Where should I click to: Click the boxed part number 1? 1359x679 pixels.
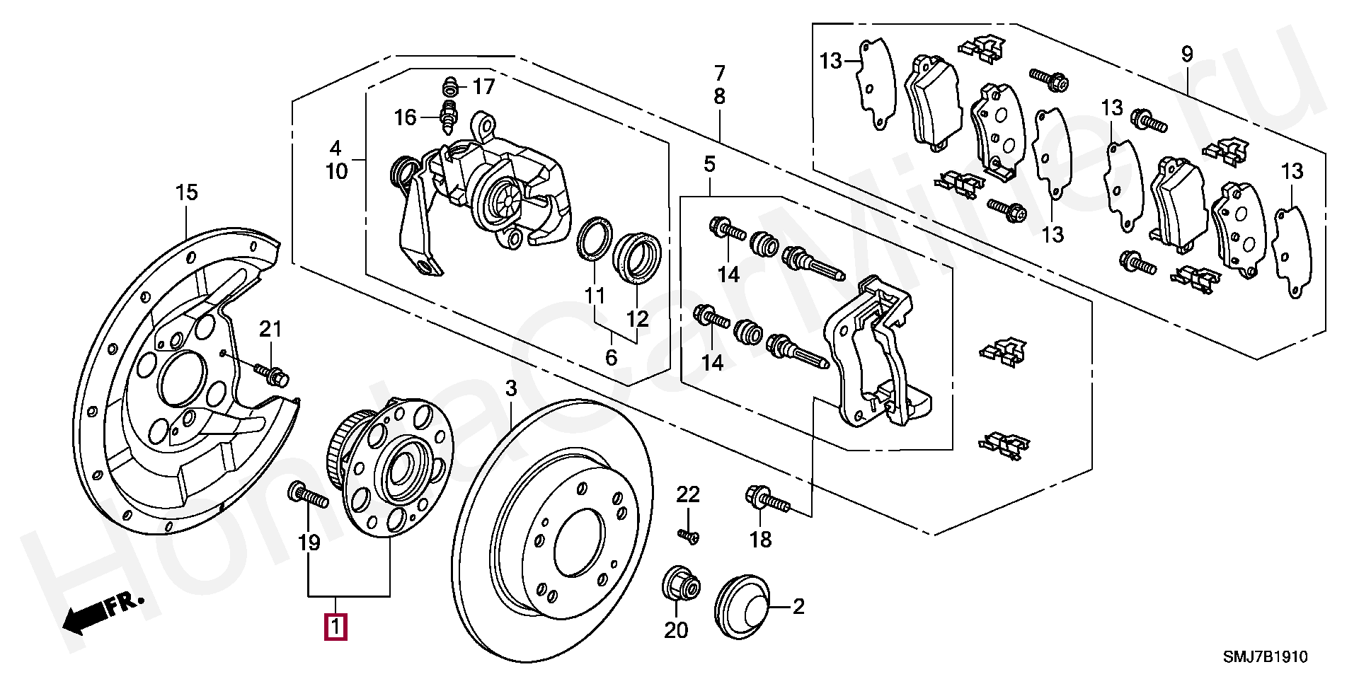(336, 627)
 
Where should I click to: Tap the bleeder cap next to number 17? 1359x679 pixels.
(449, 88)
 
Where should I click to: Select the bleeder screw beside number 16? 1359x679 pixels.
(449, 117)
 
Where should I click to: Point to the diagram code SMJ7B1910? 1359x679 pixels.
(1266, 657)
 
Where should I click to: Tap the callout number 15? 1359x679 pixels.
(187, 192)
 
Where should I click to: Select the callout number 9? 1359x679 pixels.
(1186, 54)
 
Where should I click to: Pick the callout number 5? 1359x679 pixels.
(709, 165)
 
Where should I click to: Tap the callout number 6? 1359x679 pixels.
(611, 357)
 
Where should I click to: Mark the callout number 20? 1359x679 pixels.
(676, 629)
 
